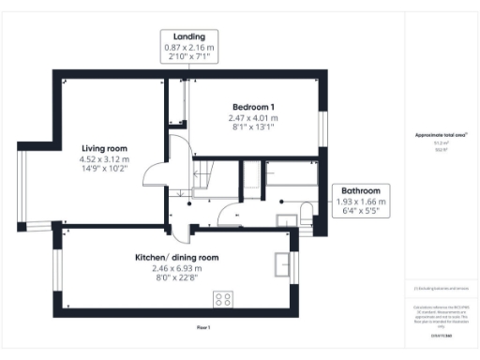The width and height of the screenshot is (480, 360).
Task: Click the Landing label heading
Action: tap(189, 37)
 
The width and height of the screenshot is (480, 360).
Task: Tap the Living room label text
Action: tap(104, 148)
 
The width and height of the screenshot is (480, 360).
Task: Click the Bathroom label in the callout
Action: tap(361, 190)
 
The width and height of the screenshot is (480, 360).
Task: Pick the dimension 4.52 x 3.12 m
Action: tap(104, 159)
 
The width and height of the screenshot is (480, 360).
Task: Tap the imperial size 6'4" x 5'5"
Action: tap(361, 212)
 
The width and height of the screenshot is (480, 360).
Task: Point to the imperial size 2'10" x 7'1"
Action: tap(189, 57)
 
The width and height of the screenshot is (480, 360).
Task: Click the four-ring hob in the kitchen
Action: tap(224, 299)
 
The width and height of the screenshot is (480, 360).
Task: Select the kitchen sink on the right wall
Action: tap(281, 262)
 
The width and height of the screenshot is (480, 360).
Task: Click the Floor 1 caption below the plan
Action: tap(203, 326)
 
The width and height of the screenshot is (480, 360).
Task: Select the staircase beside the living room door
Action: tap(204, 173)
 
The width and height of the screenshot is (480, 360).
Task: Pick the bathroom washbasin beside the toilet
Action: tap(285, 217)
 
